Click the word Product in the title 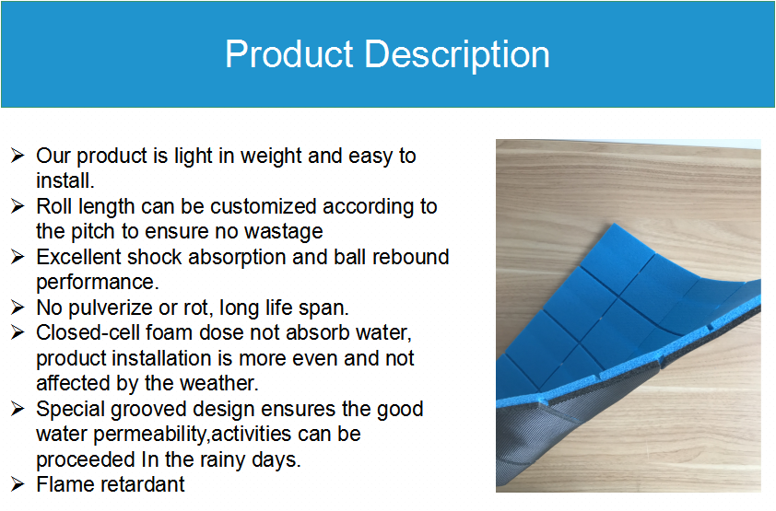pos(289,54)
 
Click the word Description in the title pos(457,55)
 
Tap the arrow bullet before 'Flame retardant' pos(18,483)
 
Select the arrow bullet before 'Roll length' pos(18,206)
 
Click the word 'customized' pos(264,206)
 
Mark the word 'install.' pos(65,180)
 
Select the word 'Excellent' pos(78,257)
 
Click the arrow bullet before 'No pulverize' pos(18,308)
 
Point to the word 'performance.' pos(98,283)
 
